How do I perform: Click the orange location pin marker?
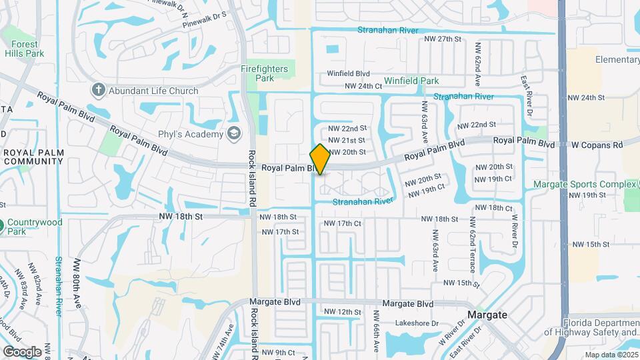320,159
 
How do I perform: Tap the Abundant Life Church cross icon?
99,90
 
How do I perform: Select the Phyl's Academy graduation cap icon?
234,134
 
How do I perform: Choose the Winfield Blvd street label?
348,74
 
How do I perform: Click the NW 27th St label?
443,39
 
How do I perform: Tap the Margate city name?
487,315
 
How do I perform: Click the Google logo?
22,351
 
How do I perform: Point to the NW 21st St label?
347,140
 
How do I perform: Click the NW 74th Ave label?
230,339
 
